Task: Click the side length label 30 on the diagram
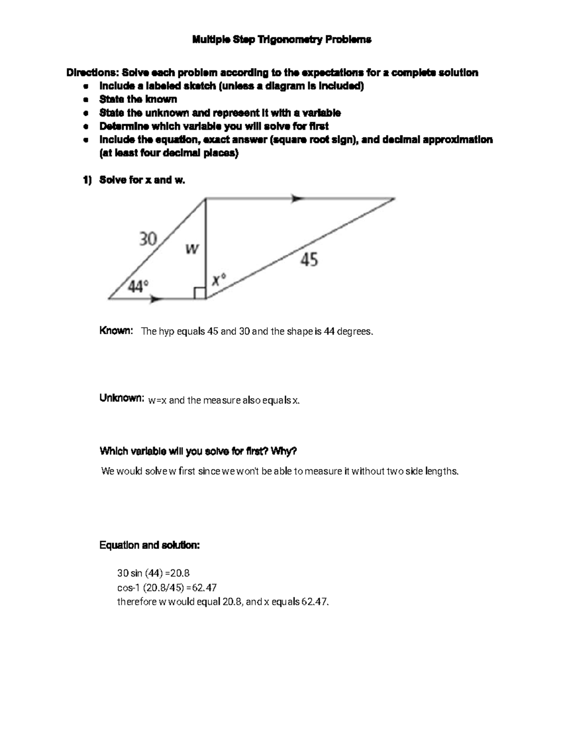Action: (147, 239)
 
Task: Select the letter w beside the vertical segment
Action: (191, 249)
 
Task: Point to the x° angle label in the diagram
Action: (218, 280)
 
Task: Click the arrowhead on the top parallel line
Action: (297, 199)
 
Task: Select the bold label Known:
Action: (116, 331)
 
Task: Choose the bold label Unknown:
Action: (121, 399)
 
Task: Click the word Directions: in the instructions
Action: (92, 73)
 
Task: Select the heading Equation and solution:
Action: (150, 545)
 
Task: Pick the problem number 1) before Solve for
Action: (87, 180)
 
